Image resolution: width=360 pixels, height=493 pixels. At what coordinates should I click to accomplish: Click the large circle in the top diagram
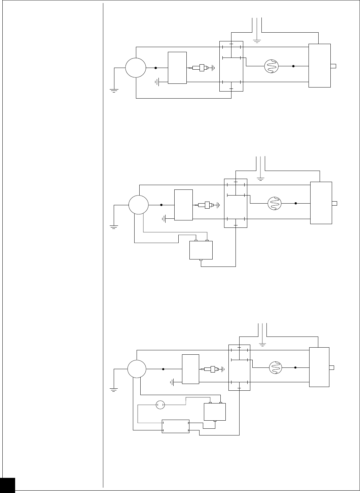click(136, 67)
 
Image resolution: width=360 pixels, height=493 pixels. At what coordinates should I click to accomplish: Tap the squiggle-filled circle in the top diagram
click(271, 66)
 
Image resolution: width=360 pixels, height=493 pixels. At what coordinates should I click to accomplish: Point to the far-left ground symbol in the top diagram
click(114, 90)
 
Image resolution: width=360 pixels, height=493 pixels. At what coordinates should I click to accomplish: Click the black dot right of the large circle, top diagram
click(156, 68)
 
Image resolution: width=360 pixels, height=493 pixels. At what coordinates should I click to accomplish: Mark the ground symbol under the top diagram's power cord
click(257, 41)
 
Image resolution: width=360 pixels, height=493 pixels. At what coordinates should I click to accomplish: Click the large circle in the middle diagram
click(138, 205)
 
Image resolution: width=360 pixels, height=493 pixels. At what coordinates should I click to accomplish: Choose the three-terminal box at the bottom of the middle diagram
click(201, 250)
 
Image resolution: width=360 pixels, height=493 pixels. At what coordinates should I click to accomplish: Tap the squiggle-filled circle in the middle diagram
click(274, 203)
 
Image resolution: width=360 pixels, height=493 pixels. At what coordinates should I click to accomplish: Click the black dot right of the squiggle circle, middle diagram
click(296, 203)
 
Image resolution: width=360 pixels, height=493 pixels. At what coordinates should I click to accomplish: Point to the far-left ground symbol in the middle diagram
click(114, 227)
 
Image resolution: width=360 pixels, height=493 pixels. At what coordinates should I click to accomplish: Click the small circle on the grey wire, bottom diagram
click(160, 405)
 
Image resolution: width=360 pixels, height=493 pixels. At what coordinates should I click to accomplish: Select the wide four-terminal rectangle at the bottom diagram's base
click(175, 426)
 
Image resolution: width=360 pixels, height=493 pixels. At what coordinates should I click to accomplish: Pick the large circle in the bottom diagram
click(137, 369)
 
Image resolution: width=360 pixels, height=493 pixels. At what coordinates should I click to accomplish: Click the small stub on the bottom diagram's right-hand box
click(331, 367)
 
